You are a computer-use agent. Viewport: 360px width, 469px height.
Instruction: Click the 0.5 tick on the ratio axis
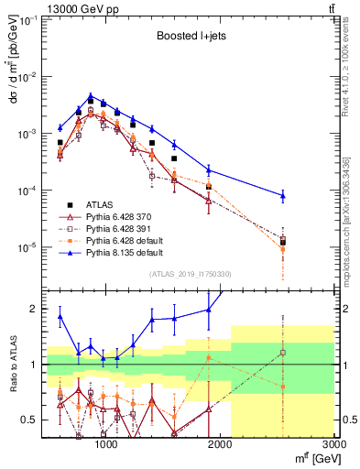point(29,420)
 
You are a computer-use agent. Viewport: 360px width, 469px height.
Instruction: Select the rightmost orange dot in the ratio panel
point(282,387)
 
